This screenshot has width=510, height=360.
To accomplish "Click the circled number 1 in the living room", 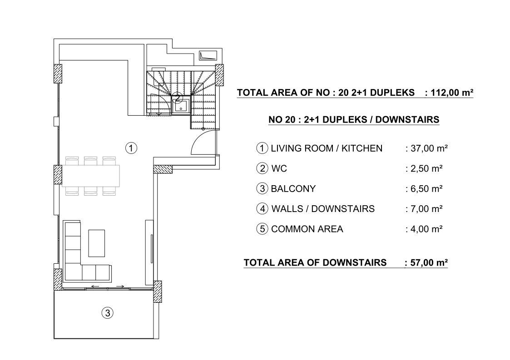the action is click(131, 148).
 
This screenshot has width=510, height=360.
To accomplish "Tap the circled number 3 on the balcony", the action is click(108, 313).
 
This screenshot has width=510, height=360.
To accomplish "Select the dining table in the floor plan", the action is click(90, 176).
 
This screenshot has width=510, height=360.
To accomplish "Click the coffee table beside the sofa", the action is click(97, 243).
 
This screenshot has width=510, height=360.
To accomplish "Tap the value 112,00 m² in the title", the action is click(452, 93).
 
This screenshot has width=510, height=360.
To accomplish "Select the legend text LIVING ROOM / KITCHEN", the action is click(327, 148).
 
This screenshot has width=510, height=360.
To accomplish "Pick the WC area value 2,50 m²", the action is click(426, 169).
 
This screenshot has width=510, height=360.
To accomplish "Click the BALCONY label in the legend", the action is click(293, 189).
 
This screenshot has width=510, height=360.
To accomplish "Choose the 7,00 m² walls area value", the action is click(426, 209).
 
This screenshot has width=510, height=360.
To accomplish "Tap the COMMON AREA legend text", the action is click(307, 229).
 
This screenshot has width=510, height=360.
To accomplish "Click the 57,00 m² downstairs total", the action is click(429, 263).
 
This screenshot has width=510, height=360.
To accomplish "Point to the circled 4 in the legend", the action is click(262, 209).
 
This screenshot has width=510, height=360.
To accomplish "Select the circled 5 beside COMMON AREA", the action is click(262, 229).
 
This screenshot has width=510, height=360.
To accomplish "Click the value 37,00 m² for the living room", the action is click(429, 148).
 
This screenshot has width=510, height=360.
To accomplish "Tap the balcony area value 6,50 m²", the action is click(426, 189).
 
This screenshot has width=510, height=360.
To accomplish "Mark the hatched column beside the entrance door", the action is click(163, 169).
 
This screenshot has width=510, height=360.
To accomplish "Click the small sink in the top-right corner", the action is click(208, 55).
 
